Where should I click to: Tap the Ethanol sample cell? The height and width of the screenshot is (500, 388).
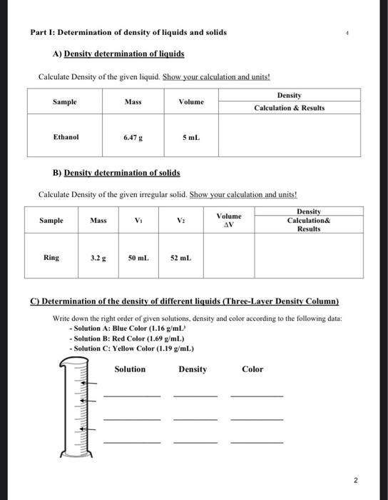(66, 136)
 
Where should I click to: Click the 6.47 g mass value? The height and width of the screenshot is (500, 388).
(133, 136)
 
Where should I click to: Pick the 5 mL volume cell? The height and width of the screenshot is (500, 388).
(190, 136)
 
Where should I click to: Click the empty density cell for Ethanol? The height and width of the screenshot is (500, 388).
(289, 136)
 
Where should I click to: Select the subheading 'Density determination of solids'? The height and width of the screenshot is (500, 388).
(121, 172)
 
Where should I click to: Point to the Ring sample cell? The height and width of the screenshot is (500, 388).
(51, 257)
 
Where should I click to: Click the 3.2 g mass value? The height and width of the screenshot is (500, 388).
(98, 257)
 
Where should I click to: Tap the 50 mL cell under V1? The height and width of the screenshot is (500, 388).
(139, 257)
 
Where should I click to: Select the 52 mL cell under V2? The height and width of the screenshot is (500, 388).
(180, 257)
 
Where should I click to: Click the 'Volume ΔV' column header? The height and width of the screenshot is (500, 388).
(229, 220)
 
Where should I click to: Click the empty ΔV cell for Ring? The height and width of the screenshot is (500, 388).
(229, 257)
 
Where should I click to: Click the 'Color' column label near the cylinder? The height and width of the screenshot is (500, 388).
(252, 369)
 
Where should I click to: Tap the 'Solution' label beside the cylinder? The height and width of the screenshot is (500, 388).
(130, 369)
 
